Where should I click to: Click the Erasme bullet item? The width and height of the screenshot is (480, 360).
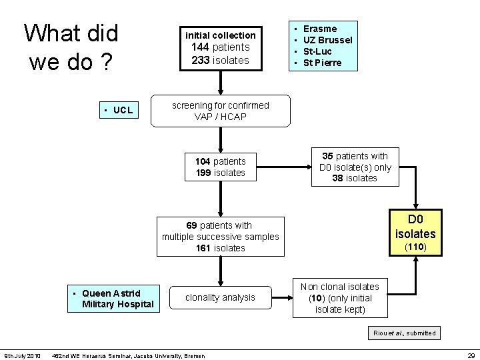tap(320, 29)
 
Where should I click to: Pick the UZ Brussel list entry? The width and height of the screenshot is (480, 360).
tap(327, 40)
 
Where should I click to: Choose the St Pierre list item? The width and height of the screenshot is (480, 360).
tap(322, 63)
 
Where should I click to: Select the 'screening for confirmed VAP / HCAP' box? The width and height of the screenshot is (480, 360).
tap(221, 111)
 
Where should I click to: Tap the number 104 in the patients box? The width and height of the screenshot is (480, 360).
tap(203, 161)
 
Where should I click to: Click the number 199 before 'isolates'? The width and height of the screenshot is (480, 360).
tap(203, 173)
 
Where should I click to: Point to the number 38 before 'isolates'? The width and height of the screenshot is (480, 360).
tap(338, 178)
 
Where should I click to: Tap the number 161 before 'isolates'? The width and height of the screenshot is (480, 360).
tap(203, 248)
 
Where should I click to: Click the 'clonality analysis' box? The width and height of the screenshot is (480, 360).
tap(220, 297)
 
